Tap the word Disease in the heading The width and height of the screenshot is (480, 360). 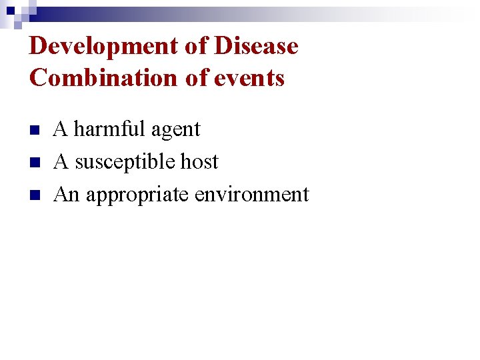pyautogui.click(x=256, y=47)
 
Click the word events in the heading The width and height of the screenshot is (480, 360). pyautogui.click(x=249, y=78)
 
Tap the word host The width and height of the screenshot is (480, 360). pyautogui.click(x=201, y=161)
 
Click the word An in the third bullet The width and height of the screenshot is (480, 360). pyautogui.click(x=66, y=194)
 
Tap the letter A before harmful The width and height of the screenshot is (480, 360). pyautogui.click(x=60, y=129)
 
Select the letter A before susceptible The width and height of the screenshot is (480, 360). pyautogui.click(x=60, y=161)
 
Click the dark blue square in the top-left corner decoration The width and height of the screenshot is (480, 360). pyautogui.click(x=10, y=10)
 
